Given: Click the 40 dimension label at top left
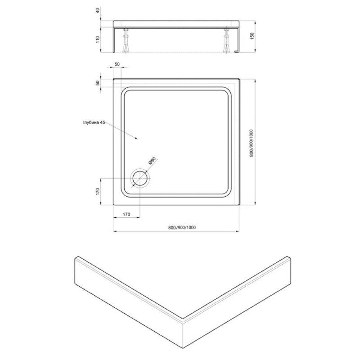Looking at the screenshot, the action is pyautogui.click(x=98, y=10).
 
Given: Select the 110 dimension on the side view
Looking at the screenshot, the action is pyautogui.click(x=98, y=40).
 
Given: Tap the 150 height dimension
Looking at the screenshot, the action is pyautogui.click(x=252, y=36).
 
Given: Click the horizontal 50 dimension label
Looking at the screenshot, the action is pyautogui.click(x=117, y=64).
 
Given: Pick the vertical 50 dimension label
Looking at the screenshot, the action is pyautogui.click(x=98, y=83).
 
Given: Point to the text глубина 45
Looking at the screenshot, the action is pyautogui.click(x=94, y=122).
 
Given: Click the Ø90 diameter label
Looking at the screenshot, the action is pyautogui.click(x=152, y=161).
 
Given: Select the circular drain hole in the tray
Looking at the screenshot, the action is pyautogui.click(x=140, y=179).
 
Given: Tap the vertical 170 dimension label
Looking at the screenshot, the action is pyautogui.click(x=98, y=192).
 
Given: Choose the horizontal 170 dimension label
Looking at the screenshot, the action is pyautogui.click(x=126, y=215).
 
